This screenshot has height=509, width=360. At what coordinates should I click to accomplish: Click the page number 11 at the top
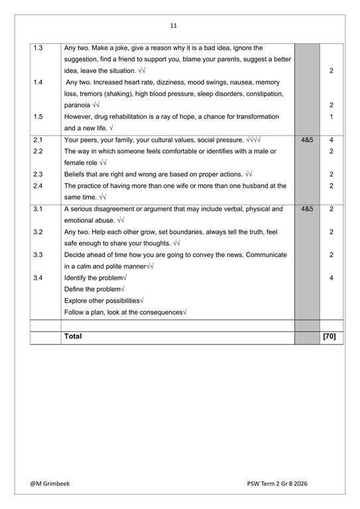point(173,26)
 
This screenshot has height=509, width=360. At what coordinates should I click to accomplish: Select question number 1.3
point(38,48)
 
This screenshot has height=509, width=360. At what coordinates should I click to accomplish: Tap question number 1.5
point(38,117)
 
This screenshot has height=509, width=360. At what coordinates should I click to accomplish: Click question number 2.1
point(38,141)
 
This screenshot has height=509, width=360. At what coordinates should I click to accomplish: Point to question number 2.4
point(38,186)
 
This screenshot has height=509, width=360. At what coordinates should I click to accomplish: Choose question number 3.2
point(38,232)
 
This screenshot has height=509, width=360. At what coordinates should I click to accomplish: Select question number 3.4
point(38,278)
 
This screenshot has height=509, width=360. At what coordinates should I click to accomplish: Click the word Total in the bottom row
point(73,337)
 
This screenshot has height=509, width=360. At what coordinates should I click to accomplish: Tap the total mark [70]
point(329,337)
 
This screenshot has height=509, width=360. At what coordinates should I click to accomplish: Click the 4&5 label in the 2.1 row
point(307,141)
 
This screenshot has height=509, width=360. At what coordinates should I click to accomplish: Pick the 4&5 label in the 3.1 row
point(307,209)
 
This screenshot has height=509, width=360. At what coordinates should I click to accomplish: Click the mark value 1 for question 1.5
point(331,117)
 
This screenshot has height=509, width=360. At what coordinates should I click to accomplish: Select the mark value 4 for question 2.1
point(331,141)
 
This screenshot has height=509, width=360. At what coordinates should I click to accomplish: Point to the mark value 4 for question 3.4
point(331,278)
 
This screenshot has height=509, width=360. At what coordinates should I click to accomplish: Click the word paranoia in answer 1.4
point(78,105)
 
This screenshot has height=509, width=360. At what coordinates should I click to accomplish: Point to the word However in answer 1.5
point(78,117)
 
